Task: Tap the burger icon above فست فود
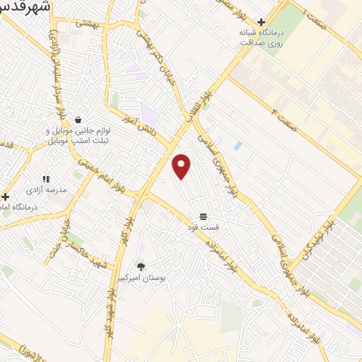[x=204, y=216]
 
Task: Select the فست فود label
[x=204, y=227]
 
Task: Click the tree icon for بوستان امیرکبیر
[x=141, y=267]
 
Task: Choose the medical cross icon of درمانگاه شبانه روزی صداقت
[x=262, y=23]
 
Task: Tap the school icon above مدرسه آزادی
[x=46, y=180]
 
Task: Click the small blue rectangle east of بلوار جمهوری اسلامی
[x=238, y=146]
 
